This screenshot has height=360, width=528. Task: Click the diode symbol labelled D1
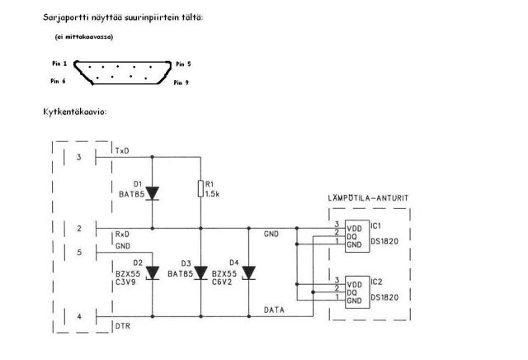153,192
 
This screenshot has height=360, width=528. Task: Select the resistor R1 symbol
200,189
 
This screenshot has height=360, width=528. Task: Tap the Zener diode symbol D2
153,272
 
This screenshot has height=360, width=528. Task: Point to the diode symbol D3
200,272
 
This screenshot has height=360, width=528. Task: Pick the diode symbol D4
248,272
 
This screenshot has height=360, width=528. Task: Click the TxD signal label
123,151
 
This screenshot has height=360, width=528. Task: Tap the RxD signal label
123,234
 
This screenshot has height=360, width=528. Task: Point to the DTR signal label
123,325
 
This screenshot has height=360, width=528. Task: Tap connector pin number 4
78,316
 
